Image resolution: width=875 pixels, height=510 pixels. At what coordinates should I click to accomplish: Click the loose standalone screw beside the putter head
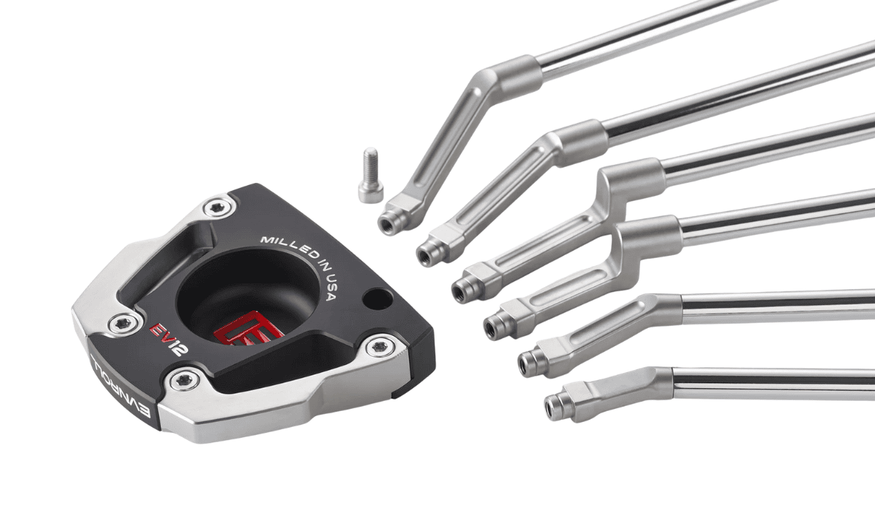pyautogui.click(x=370, y=176)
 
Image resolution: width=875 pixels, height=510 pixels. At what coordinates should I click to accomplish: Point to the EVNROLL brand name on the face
pyautogui.click(x=121, y=385)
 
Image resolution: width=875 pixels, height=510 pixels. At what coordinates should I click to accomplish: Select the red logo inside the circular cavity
pyautogui.click(x=249, y=329)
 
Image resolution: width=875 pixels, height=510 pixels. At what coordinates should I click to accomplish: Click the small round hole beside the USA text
pyautogui.click(x=376, y=299)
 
